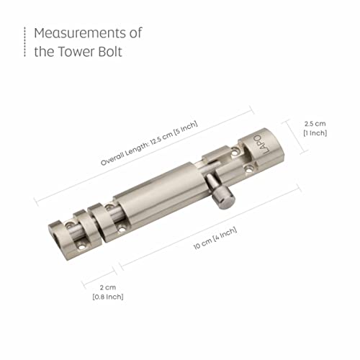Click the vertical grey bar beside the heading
point(24,42)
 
